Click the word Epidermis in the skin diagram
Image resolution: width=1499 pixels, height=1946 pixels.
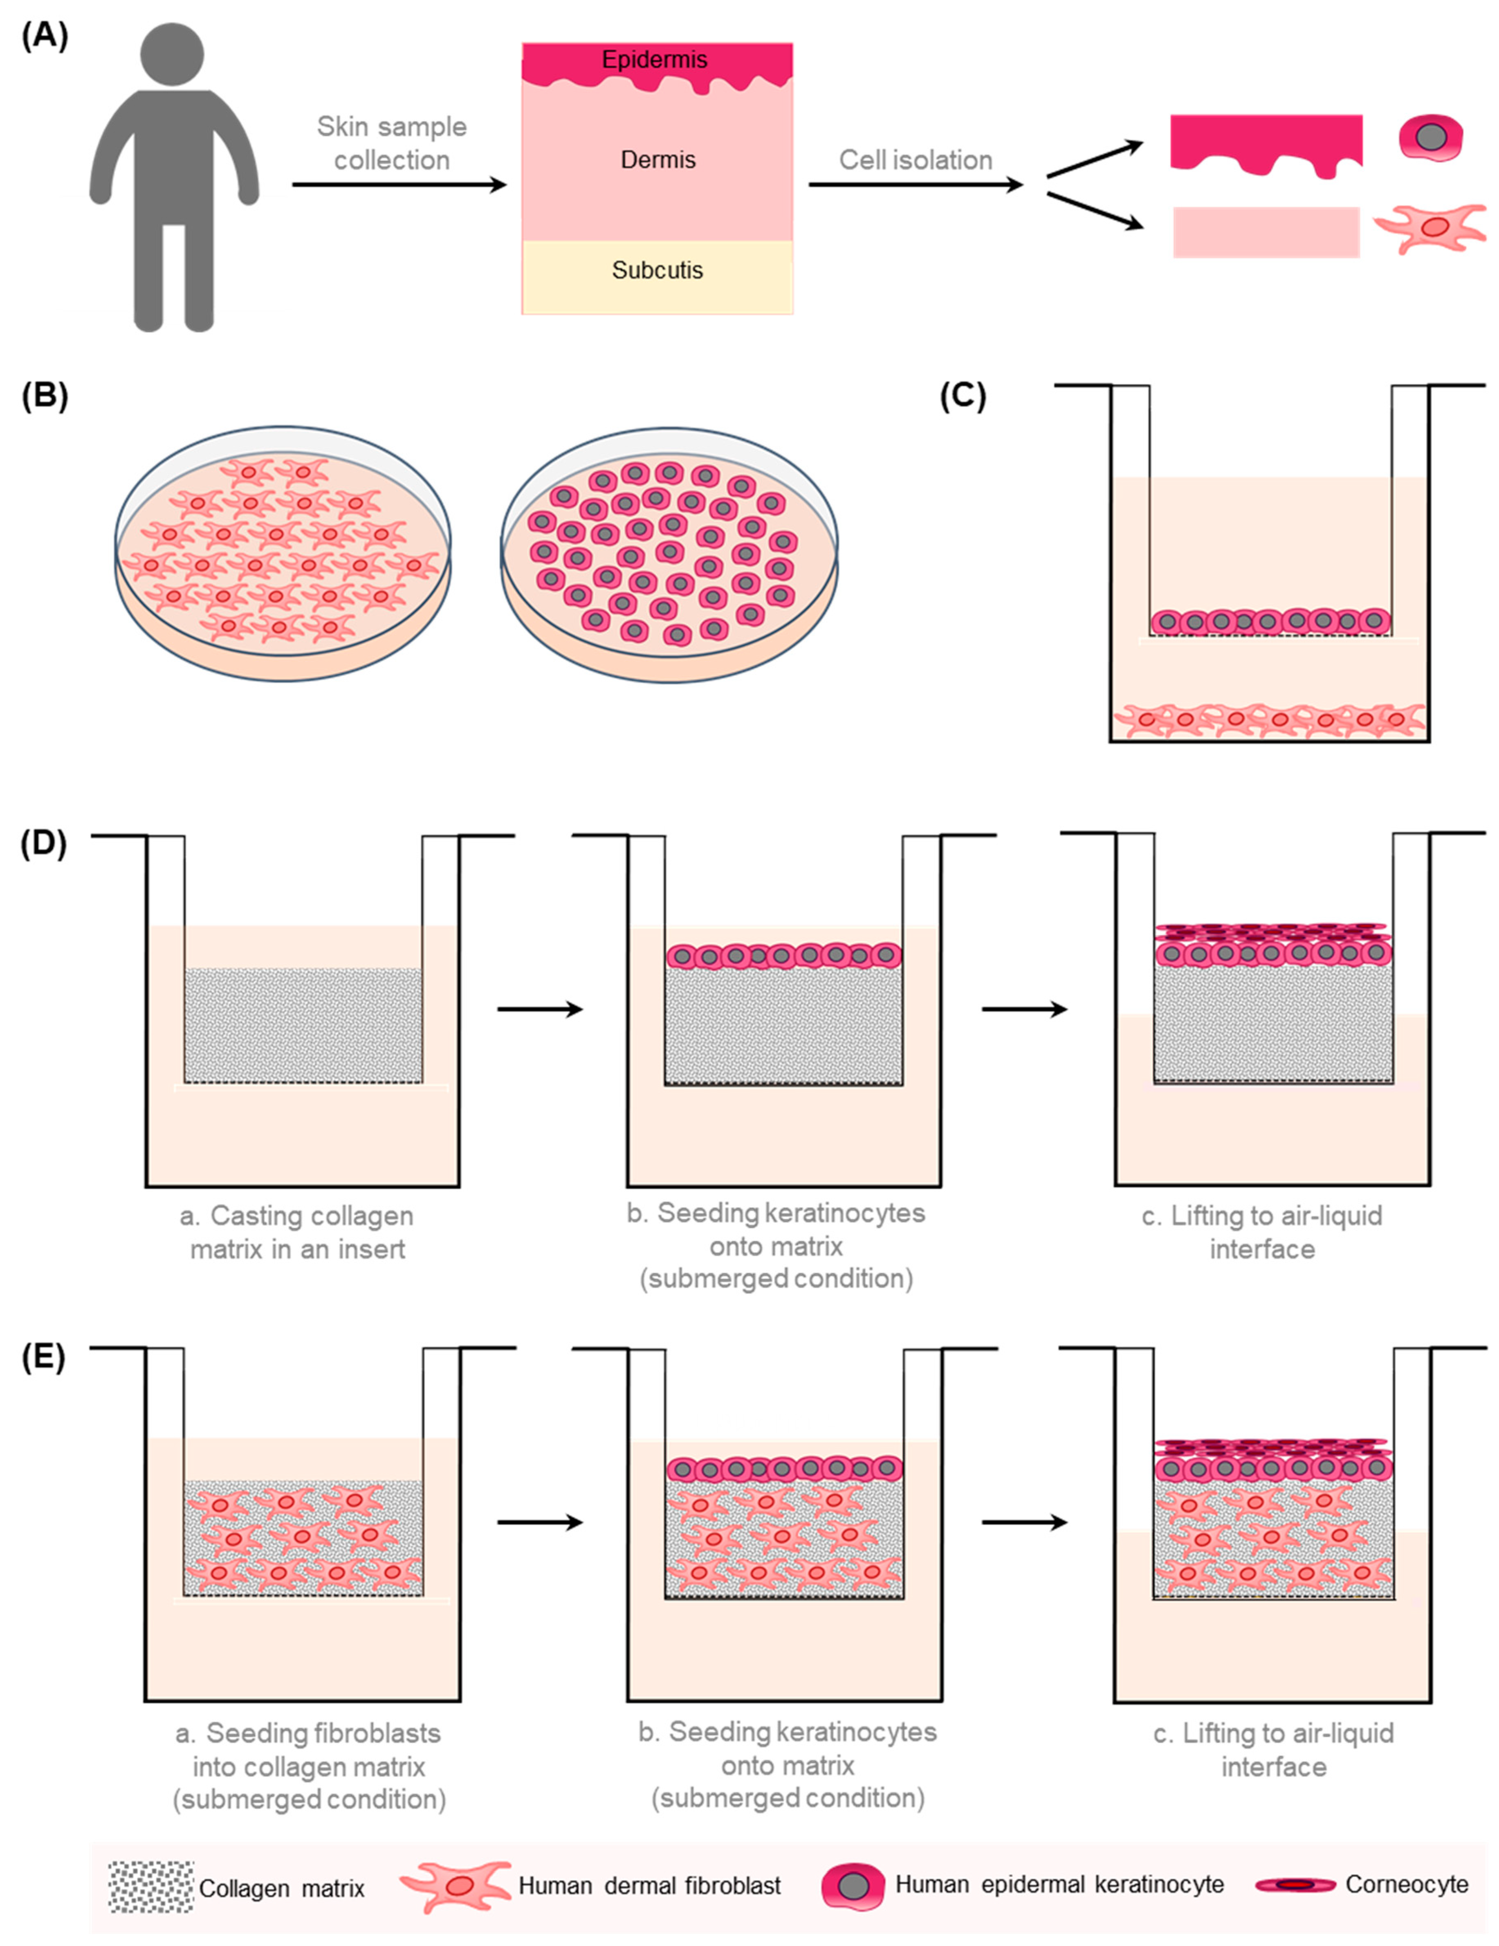coord(655,60)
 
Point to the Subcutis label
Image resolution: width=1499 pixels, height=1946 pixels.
coord(657,270)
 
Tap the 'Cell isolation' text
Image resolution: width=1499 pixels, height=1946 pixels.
coord(915,160)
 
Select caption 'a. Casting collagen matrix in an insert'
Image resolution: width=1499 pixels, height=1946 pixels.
coord(298,1232)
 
